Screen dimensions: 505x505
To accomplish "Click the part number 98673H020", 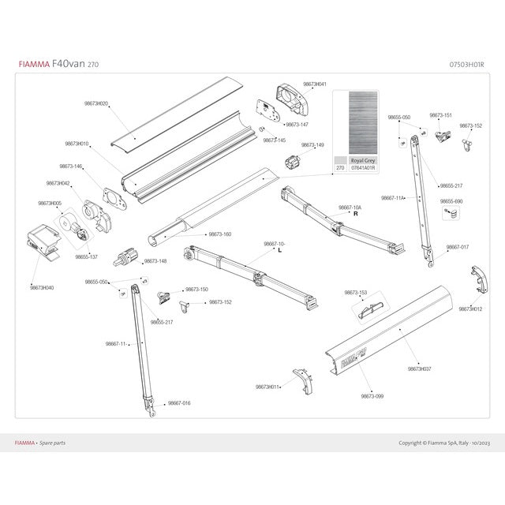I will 95,103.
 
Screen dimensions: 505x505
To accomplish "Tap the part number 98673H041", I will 315,84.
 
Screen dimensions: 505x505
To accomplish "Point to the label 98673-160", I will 220,234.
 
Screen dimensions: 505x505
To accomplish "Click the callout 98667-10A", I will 350,207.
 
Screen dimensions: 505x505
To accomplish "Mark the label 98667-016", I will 179,403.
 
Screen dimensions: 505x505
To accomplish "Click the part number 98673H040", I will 42,288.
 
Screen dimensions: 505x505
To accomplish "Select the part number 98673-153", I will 355,292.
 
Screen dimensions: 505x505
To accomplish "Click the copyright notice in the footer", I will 443,443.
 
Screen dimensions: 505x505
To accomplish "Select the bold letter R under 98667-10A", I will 356,214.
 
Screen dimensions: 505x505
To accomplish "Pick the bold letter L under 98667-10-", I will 281,250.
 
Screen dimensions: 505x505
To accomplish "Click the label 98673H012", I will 471,309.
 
